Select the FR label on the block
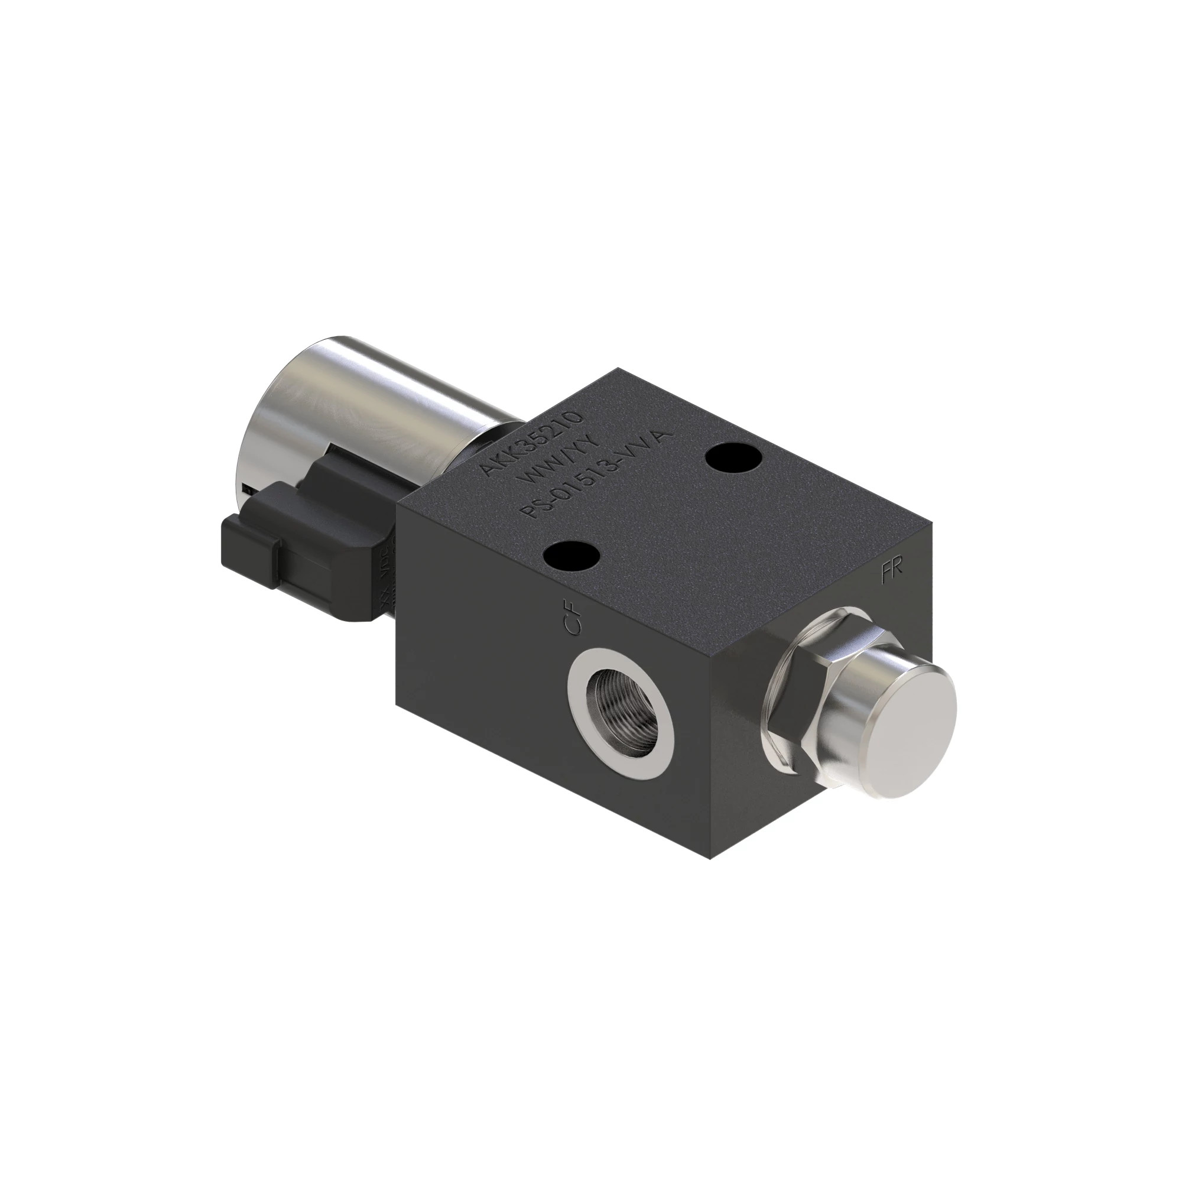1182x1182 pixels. [x=891, y=573]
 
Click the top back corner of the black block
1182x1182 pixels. [x=618, y=368]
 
